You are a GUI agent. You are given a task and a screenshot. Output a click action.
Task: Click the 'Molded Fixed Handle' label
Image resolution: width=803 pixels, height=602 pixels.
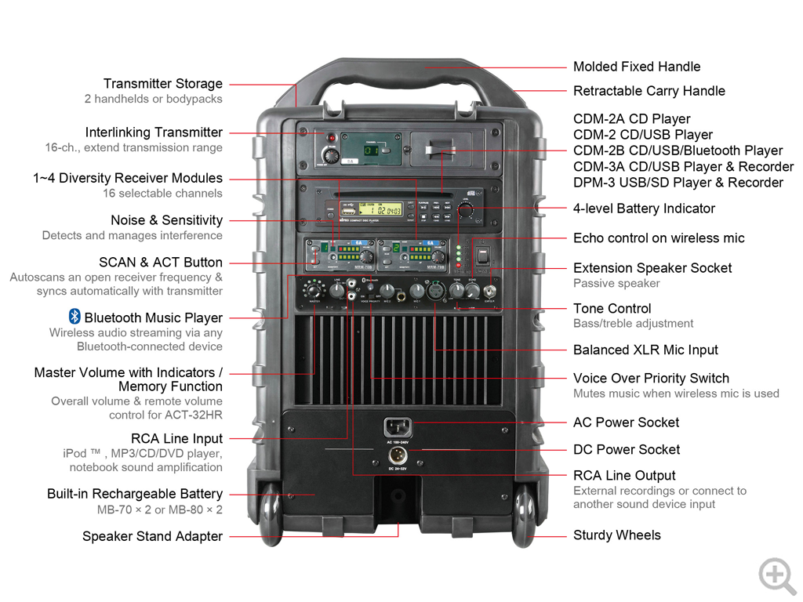click(x=636, y=67)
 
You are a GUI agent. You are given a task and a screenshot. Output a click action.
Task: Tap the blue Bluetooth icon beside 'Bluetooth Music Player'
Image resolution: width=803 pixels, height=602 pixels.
click(x=74, y=317)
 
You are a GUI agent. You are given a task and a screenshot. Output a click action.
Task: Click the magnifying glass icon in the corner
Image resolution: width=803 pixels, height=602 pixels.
click(x=776, y=575)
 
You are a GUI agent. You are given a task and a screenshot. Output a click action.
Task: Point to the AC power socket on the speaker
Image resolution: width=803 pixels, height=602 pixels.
click(x=398, y=428)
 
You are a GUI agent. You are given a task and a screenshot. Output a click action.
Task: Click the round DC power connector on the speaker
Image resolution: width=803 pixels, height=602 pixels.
click(x=397, y=456)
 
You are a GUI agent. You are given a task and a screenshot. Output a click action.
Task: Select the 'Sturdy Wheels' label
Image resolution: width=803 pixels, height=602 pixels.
click(x=616, y=535)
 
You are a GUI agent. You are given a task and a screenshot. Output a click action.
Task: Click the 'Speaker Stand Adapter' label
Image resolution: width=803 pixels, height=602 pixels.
click(x=152, y=537)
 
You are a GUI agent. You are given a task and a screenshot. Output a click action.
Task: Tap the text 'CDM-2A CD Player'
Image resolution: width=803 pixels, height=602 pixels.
click(x=631, y=119)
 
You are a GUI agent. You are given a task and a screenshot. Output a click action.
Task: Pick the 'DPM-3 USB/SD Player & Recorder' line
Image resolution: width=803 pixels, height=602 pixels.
click(x=678, y=183)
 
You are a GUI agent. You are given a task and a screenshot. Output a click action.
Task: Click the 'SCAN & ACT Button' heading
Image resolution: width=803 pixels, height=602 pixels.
click(x=160, y=263)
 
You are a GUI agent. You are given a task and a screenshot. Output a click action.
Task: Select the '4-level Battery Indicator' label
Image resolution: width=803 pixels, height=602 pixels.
click(x=644, y=209)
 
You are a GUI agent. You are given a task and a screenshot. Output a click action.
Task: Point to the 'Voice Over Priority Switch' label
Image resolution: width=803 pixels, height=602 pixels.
click(x=651, y=378)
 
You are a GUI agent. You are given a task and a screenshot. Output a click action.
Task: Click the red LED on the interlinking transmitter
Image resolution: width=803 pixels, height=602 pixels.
click(x=330, y=139)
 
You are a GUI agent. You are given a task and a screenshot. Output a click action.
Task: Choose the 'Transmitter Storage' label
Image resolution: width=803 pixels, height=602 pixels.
click(x=162, y=84)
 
